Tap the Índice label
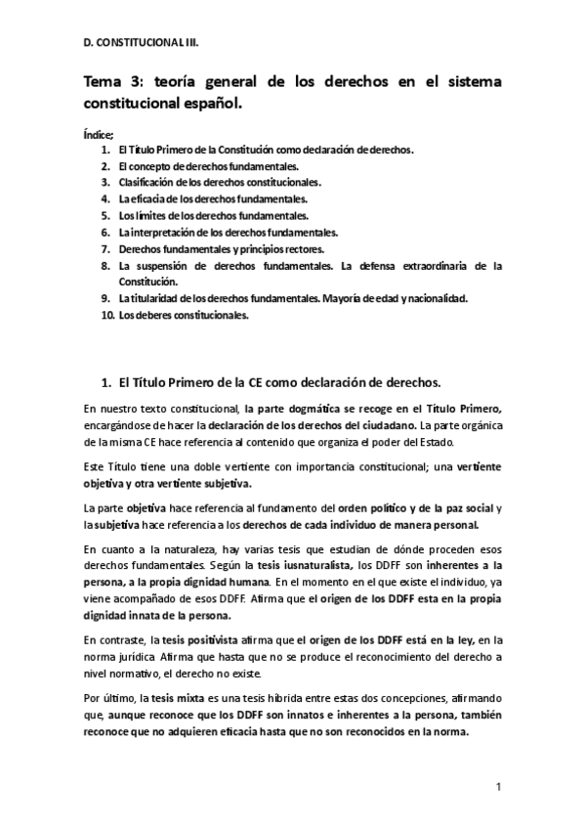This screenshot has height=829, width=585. [x=100, y=133]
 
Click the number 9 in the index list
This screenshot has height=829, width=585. [x=106, y=298]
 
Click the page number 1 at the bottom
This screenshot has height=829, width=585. [x=498, y=786]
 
